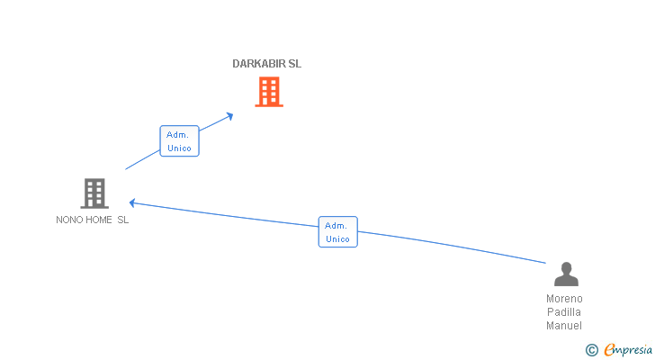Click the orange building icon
pyautogui.click(x=269, y=92)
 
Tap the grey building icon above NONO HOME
pyautogui.click(x=94, y=193)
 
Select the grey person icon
pyautogui.click(x=566, y=274)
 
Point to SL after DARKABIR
pyautogui.click(x=295, y=64)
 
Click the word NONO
pyautogui.click(x=67, y=220)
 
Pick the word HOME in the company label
pyautogui.click(x=96, y=220)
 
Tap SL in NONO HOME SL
pyautogui.click(x=122, y=220)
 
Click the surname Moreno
pyautogui.click(x=564, y=299)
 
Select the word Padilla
pyautogui.click(x=564, y=312)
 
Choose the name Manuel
pyautogui.click(x=564, y=325)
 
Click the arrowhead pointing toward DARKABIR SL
pyautogui.click(x=229, y=116)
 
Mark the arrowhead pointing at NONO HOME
pyautogui.click(x=132, y=203)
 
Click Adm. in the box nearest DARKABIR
pyautogui.click(x=177, y=135)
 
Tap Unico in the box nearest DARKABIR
pyautogui.click(x=179, y=148)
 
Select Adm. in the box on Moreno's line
pyautogui.click(x=336, y=226)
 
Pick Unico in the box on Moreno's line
pyautogui.click(x=337, y=239)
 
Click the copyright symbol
pyautogui.click(x=592, y=350)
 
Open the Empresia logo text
pyautogui.click(x=628, y=350)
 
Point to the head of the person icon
pyautogui.click(x=567, y=267)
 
